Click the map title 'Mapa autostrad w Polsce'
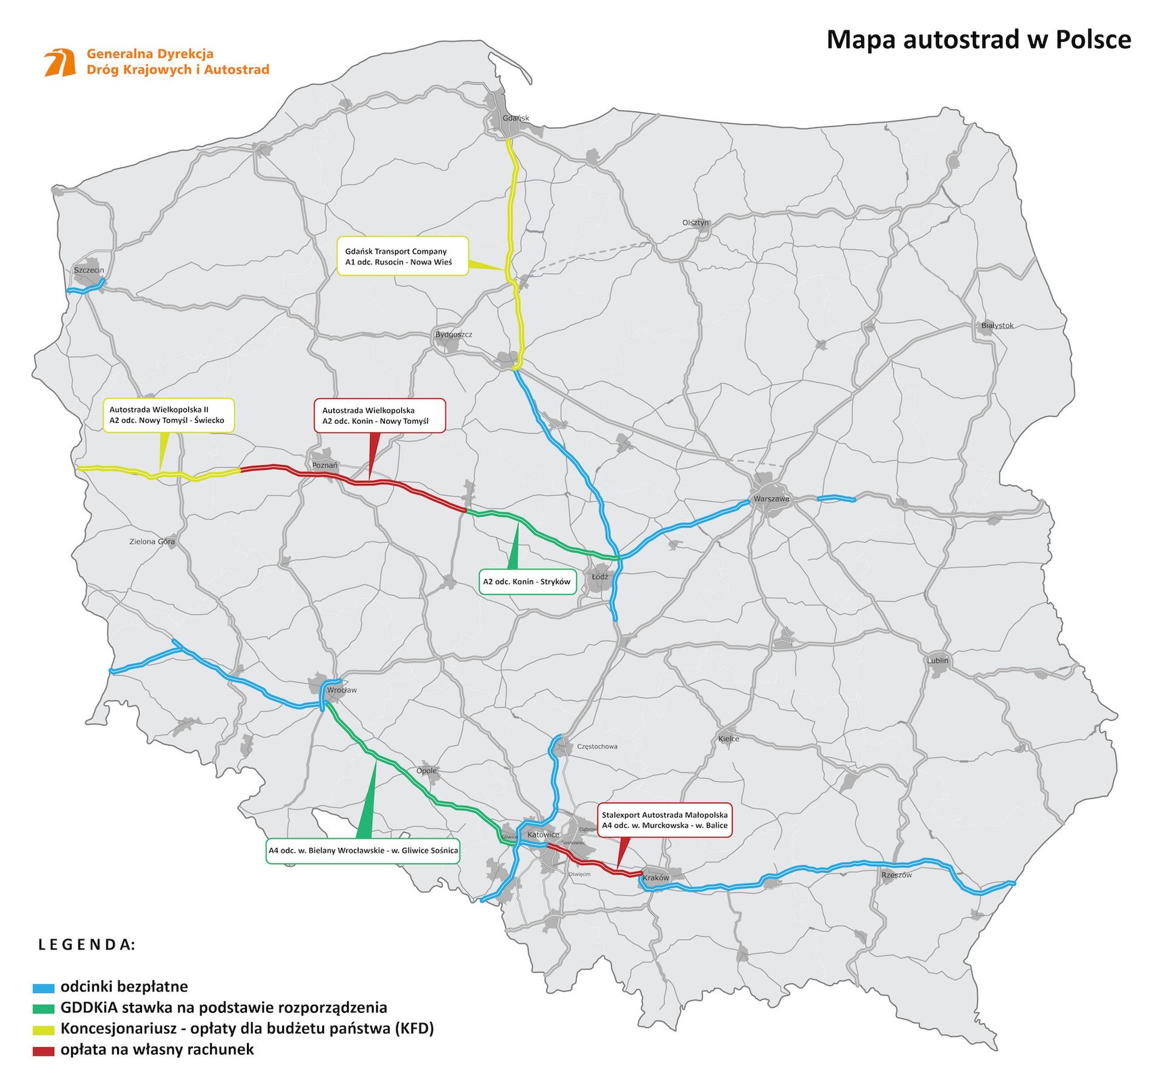pos(978,40)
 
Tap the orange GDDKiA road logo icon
pos(60,62)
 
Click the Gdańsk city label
pos(516,118)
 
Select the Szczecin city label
pos(89,270)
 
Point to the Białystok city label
pos(997,325)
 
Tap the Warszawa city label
pos(771,499)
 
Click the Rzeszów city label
pos(896,875)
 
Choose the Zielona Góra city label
pos(152,542)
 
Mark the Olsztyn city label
pos(695,222)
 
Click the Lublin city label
pos(938,661)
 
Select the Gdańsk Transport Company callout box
pos(403,256)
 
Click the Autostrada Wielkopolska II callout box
pos(168,415)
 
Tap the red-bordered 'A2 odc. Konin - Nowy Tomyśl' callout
pos(380,415)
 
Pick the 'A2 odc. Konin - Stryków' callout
pos(527,582)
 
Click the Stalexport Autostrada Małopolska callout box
pos(664,820)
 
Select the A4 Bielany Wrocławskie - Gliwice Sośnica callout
pos(363,850)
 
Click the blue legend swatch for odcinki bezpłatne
pos(43,987)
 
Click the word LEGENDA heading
pos(87,945)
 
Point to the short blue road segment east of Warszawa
pos(837,499)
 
